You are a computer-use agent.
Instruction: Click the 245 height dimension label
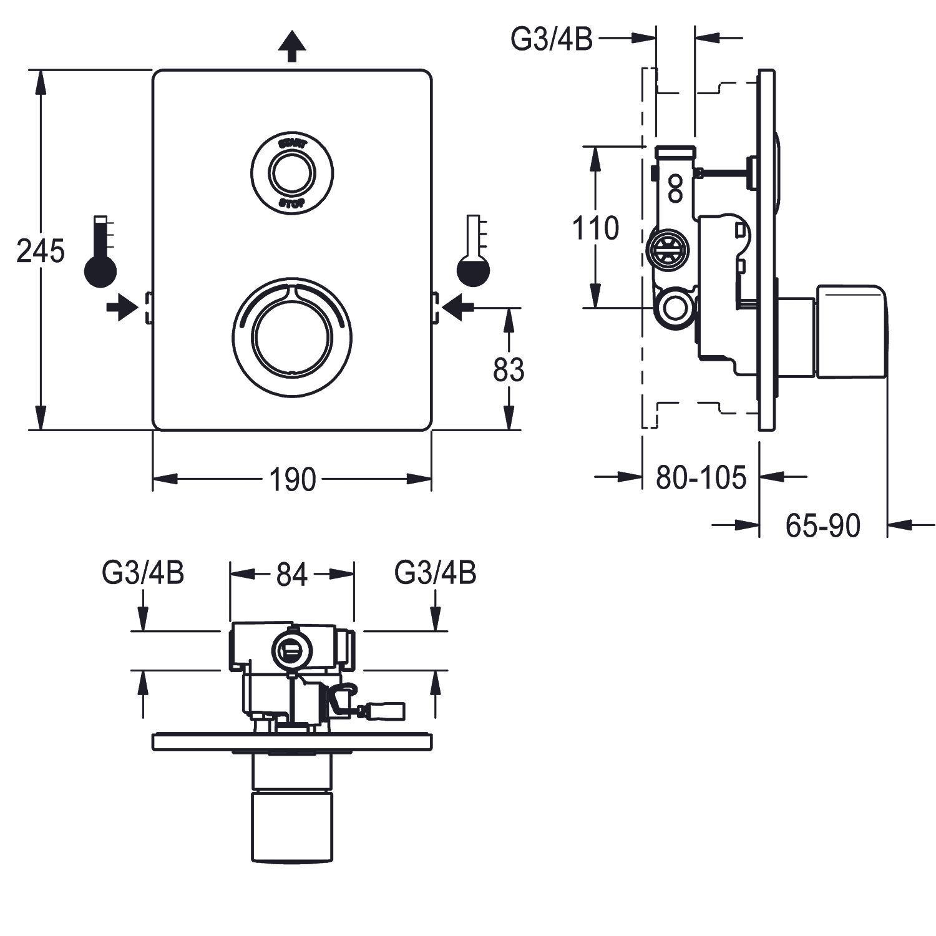pos(41,251)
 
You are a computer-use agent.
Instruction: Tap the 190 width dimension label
pos(292,479)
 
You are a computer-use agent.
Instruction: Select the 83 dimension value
pos(509,369)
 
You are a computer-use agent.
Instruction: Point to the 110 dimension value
pos(596,228)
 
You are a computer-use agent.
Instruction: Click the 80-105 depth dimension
pos(701,478)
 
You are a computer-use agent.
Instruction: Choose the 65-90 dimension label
pos(822,525)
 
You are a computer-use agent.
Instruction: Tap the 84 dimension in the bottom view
pos(292,575)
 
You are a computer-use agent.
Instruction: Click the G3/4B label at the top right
pos(552,39)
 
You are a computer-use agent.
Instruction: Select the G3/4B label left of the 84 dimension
pos(144,573)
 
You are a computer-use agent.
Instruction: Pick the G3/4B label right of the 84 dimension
pos(436,573)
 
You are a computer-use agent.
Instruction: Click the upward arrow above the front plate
pos(291,47)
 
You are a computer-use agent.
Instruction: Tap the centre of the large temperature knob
pos(292,337)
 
